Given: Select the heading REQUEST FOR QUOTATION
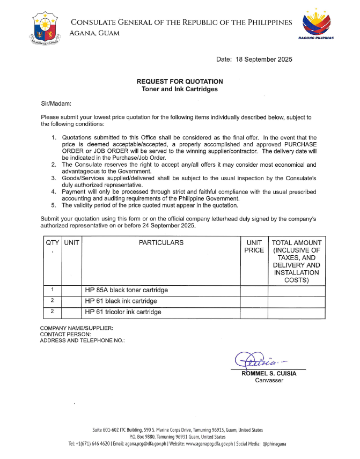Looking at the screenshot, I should tap(180, 82).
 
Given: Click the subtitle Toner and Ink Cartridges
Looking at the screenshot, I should tap(180, 89).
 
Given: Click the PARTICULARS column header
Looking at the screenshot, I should tap(161, 243).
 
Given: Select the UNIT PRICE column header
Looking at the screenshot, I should tap(254, 247).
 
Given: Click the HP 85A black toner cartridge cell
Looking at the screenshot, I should tap(127, 290).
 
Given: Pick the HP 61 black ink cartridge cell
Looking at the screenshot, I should tap(121, 301).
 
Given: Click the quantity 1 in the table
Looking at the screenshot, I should tap(52, 290).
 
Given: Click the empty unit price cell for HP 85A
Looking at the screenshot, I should tap(254, 290).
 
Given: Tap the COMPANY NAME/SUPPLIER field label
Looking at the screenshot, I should tap(76, 328).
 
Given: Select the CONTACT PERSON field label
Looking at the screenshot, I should tap(65, 334).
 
